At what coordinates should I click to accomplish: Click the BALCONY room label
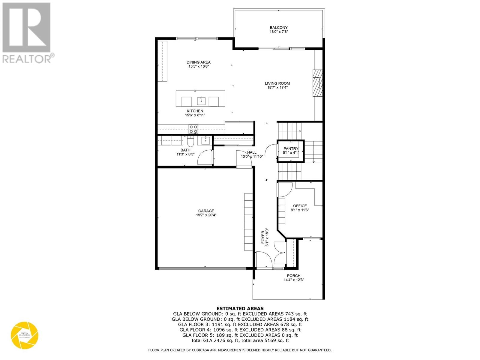(x=279, y=28)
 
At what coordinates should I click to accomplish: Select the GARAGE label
(x=206, y=211)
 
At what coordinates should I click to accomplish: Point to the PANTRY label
(x=291, y=148)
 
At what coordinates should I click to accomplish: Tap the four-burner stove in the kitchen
(x=193, y=129)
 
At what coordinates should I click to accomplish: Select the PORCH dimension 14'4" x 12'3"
(x=294, y=280)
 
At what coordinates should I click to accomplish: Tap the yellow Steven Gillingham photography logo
(x=25, y=335)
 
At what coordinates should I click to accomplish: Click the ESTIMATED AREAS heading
(x=240, y=308)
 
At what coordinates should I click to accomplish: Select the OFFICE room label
(x=300, y=206)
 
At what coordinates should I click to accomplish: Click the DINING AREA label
(x=198, y=62)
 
